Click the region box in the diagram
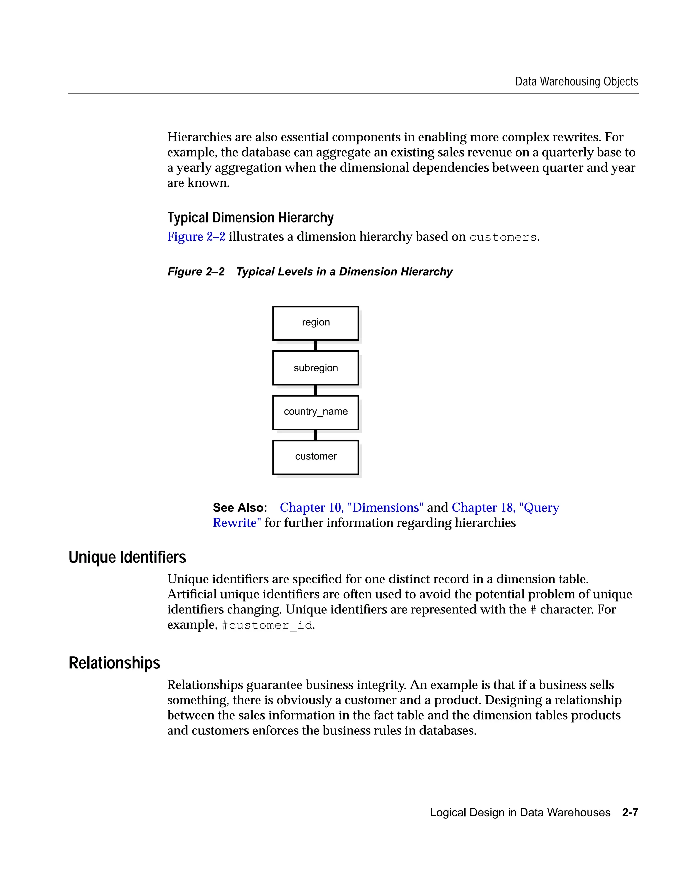[x=316, y=323]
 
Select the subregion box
[x=316, y=368]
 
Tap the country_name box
[x=316, y=412]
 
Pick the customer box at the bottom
[x=316, y=457]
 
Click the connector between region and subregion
[x=316, y=346]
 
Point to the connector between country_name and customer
[x=316, y=435]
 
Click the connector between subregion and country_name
[x=316, y=390]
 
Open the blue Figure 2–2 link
[x=196, y=237]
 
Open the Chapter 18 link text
[x=505, y=507]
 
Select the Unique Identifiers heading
[x=127, y=557]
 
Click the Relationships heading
[x=114, y=663]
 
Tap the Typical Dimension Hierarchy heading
[x=250, y=218]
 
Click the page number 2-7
[x=630, y=812]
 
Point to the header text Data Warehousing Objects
[x=576, y=82]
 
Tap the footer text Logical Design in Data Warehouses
[x=520, y=812]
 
